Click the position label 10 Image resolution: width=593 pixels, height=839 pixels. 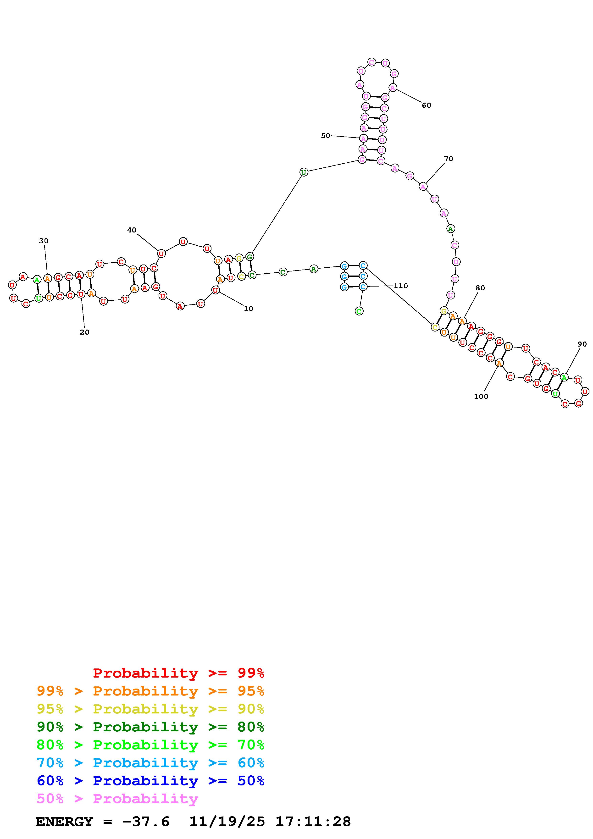point(249,309)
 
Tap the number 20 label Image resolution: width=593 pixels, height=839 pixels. point(84,332)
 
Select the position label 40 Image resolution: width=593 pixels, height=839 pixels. point(132,230)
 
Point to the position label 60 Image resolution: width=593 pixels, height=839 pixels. point(426,105)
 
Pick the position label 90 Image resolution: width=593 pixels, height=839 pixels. point(582,344)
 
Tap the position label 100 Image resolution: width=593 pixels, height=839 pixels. point(481,397)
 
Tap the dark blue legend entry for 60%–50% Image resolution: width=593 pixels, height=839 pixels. point(150,781)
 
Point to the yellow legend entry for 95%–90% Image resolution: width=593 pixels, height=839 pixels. point(150,709)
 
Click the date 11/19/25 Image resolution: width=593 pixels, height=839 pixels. point(227,822)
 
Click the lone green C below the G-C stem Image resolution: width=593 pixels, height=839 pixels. point(359,311)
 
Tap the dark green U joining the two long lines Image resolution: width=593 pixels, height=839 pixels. point(304,172)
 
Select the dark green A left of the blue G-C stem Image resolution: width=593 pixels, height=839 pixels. point(314,269)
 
